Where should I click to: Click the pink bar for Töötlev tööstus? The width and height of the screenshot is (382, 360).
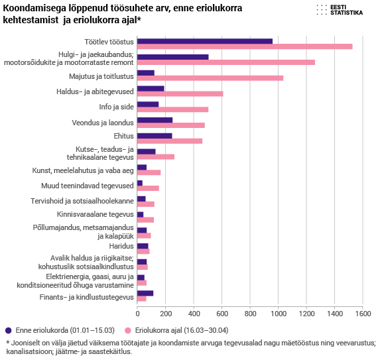tap(245, 46)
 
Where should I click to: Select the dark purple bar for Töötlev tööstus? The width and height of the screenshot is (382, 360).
tap(205, 41)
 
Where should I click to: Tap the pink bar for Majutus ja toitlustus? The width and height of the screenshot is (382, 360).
tap(210, 78)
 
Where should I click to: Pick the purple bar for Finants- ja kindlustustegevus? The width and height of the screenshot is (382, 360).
tap(145, 293)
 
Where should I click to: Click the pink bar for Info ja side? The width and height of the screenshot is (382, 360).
tap(172, 109)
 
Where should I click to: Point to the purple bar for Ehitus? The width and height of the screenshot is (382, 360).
tap(155, 136)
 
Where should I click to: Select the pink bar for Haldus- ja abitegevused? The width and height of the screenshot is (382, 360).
tap(180, 93)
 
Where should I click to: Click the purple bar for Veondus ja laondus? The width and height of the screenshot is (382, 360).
tap(155, 120)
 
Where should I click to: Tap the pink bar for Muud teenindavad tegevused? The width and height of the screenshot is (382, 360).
tap(148, 188)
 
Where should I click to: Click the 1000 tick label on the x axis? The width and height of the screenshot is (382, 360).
tap(279, 314)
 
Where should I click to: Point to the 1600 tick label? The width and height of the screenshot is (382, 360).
tap(363, 314)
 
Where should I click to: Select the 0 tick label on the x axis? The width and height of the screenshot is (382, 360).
tap(137, 314)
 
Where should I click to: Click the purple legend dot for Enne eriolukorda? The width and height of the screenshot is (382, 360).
tap(8, 331)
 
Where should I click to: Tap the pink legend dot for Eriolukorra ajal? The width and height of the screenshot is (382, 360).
tap(128, 331)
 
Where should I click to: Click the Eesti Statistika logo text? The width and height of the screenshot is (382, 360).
tap(346, 10)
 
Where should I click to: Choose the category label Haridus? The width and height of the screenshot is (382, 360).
tap(121, 246)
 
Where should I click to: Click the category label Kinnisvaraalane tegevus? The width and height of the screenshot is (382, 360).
tap(95, 214)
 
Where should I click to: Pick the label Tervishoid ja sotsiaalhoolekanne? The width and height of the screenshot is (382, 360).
tap(82, 201)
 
